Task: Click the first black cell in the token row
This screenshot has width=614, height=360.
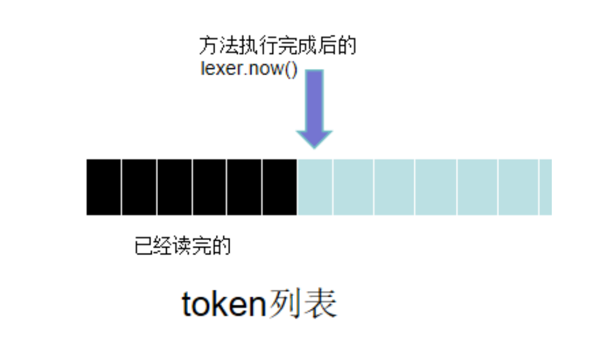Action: click(104, 187)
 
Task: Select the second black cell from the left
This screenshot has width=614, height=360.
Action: click(139, 187)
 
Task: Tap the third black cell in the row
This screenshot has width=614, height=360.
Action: click(175, 187)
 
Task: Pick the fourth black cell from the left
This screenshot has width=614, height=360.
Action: click(210, 187)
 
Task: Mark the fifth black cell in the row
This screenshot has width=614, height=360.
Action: click(245, 187)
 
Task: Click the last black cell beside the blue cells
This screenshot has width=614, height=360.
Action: click(280, 187)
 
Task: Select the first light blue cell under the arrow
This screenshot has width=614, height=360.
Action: click(315, 187)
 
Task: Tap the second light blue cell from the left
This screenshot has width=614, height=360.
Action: click(353, 187)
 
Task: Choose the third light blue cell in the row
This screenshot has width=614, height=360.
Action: click(394, 187)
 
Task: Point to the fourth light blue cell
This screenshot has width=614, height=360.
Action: click(436, 187)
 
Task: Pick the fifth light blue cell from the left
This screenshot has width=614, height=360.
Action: click(478, 187)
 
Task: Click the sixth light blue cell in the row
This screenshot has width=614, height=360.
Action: click(518, 187)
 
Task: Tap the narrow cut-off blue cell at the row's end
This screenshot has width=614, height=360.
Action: click(546, 187)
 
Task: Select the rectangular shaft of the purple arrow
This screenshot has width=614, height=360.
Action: click(315, 99)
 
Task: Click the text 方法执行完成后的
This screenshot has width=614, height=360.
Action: click(277, 47)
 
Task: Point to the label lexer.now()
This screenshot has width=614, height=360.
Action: click(249, 68)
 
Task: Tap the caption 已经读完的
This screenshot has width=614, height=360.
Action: click(182, 246)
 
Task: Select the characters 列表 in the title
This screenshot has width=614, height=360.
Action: click(302, 305)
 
